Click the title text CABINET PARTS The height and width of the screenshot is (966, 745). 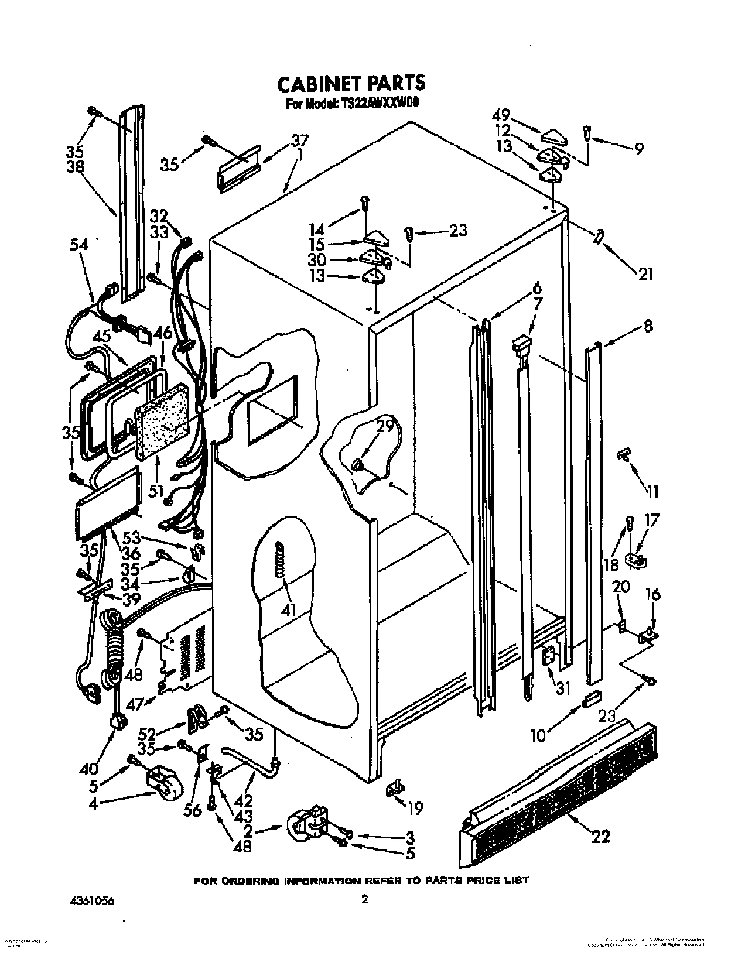351,83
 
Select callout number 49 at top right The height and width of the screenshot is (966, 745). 501,115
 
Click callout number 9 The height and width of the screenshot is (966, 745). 638,148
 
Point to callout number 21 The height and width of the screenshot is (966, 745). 645,273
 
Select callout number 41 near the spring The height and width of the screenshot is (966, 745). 287,609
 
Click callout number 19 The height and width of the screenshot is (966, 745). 415,809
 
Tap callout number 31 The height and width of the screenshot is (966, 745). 563,689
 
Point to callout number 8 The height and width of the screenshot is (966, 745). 647,327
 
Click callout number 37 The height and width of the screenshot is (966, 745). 300,141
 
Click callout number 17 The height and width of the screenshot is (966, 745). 652,520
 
